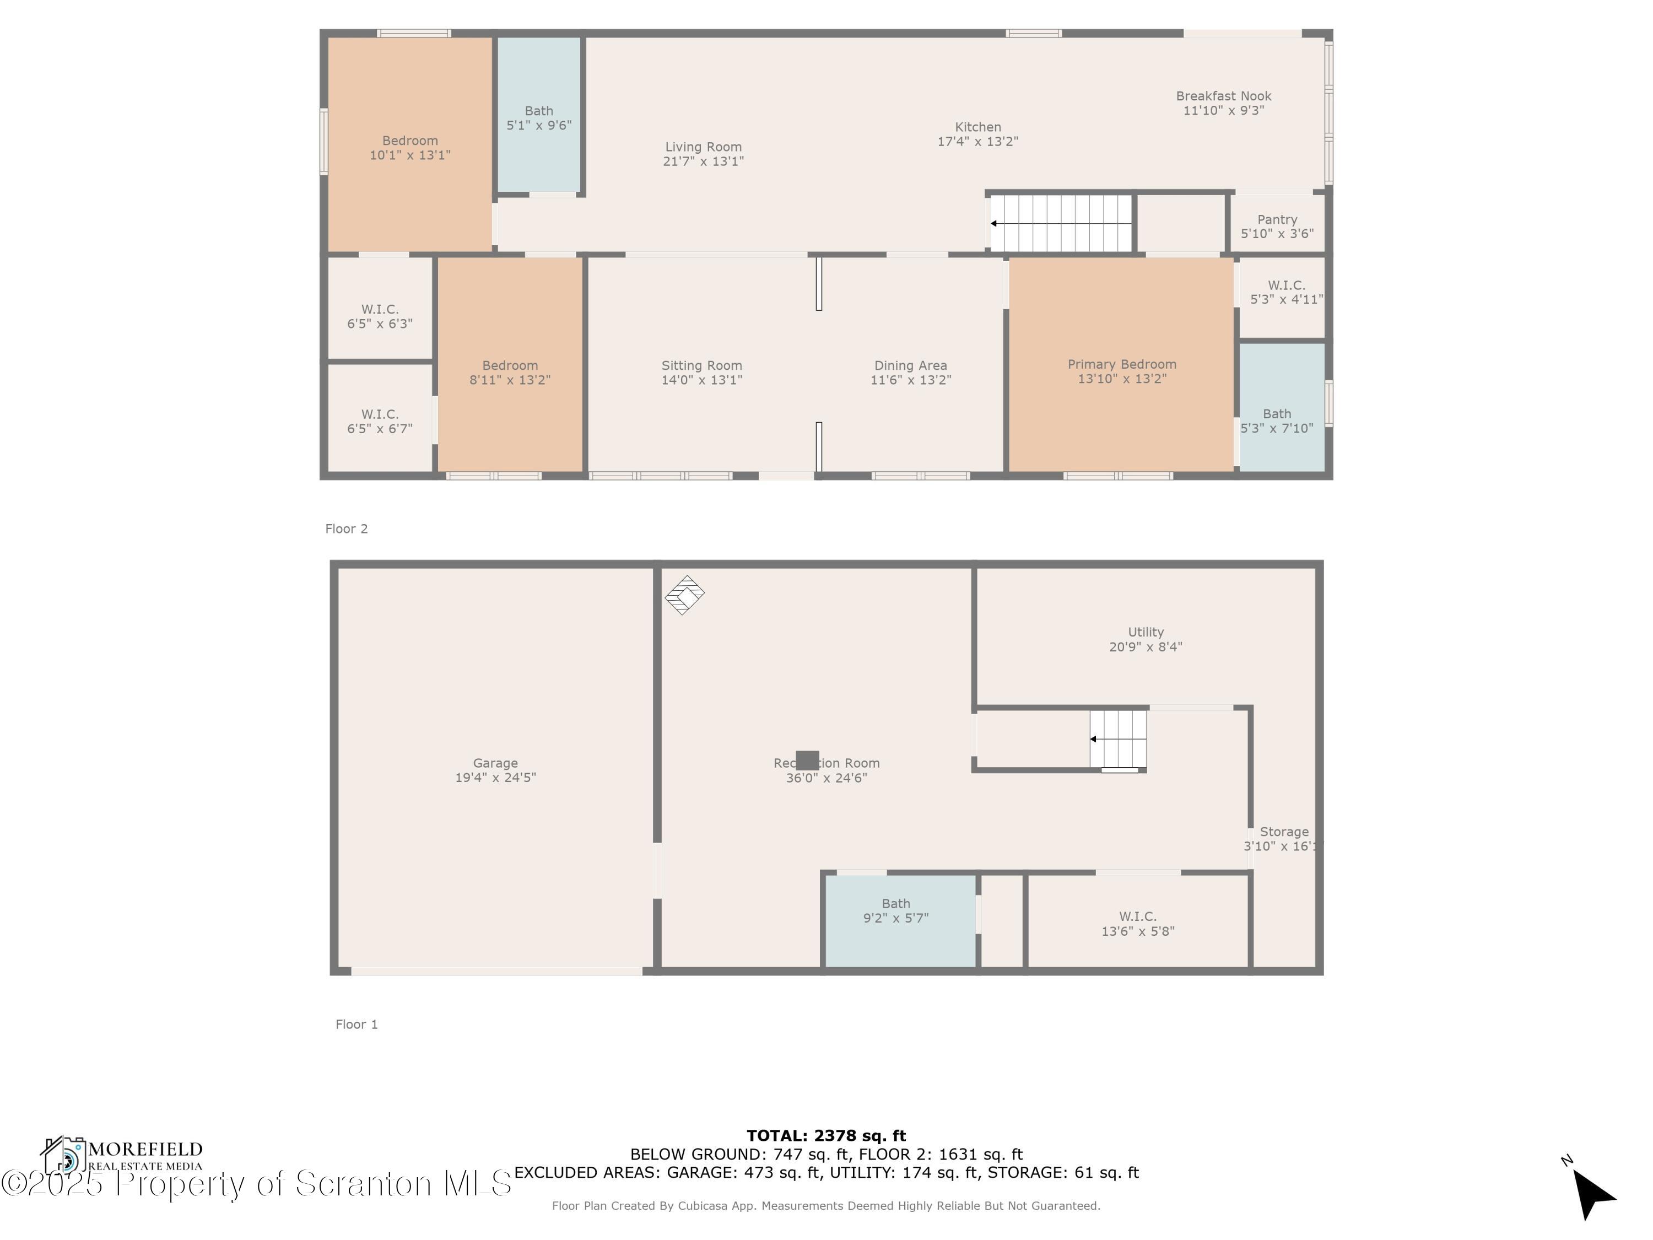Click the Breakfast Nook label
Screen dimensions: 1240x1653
(1223, 96)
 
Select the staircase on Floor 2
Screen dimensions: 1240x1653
(1062, 223)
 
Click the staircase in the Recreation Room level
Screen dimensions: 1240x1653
(1117, 739)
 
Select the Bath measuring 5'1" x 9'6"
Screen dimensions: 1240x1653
(539, 118)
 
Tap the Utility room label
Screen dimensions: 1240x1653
(1146, 632)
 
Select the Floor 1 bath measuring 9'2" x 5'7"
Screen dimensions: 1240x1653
(895, 910)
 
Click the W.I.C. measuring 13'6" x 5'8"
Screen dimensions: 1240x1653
(1137, 923)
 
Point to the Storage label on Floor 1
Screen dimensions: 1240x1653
(1283, 832)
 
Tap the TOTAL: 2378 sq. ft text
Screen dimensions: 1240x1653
(826, 1136)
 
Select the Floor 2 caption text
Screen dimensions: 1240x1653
(346, 529)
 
